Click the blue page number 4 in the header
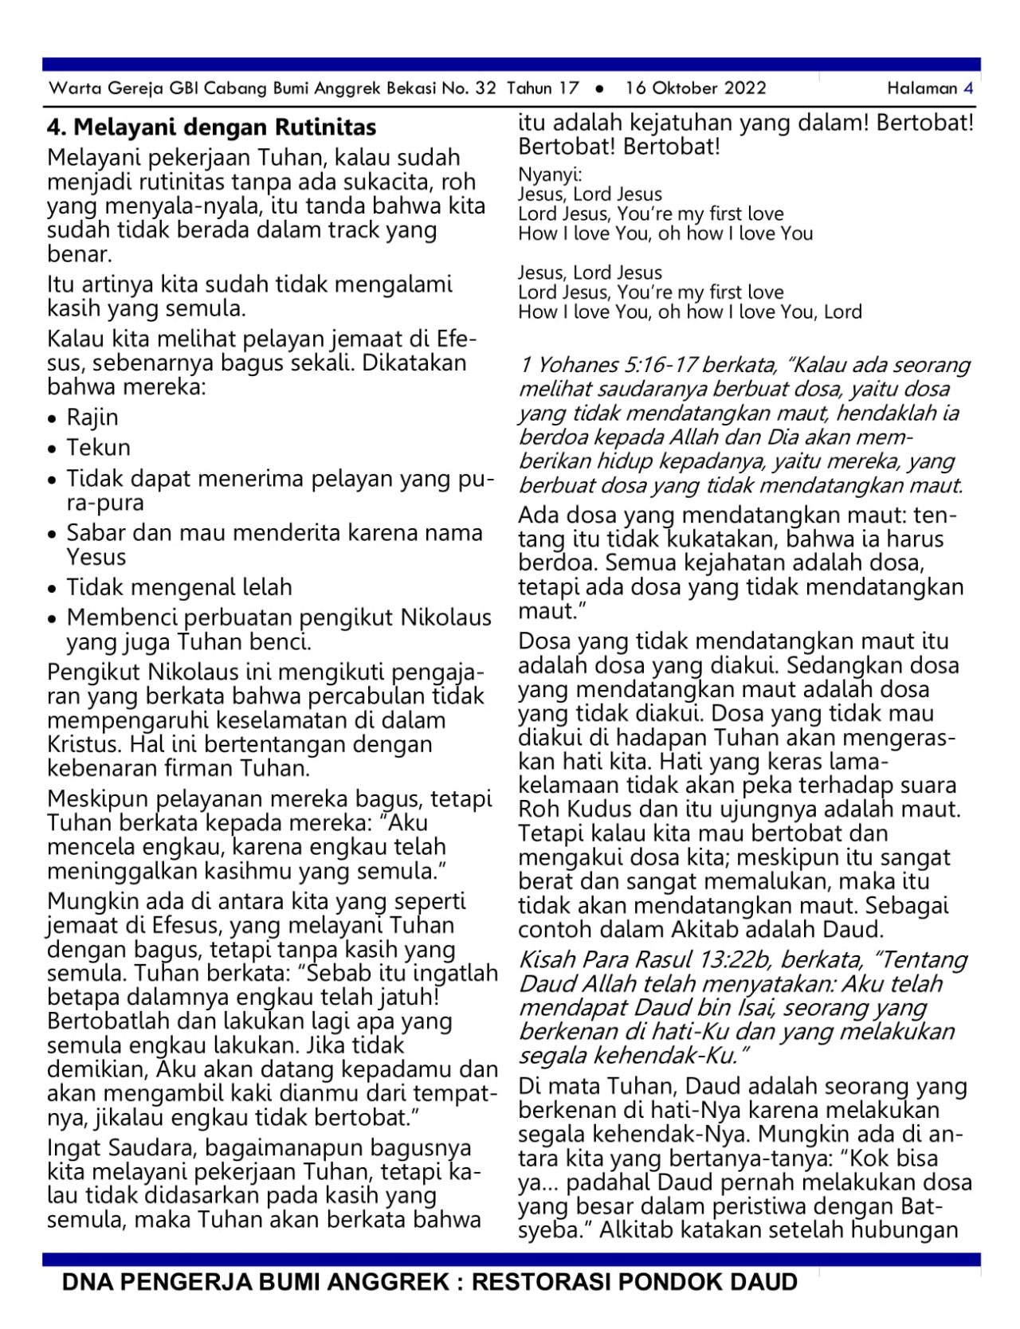click(x=968, y=88)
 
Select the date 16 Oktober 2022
click(x=696, y=88)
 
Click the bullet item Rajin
click(x=92, y=418)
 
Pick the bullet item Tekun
click(x=98, y=448)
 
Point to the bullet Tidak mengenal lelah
click(x=179, y=587)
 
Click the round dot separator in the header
click(x=599, y=89)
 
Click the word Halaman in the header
click(x=922, y=88)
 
